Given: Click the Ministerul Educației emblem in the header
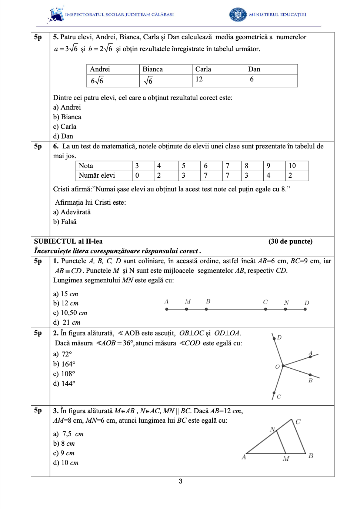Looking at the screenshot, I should coord(238,14).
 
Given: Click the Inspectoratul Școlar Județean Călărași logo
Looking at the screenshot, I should coord(56,15).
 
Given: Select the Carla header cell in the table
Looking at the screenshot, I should coord(218,69).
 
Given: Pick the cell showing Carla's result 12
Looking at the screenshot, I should coord(218,80).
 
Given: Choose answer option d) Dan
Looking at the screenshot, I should coord(63,136).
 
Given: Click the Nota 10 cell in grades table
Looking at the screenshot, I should coord(296,166).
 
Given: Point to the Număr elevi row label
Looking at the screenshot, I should coord(97,175).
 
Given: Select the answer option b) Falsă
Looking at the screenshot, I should coord(65,222).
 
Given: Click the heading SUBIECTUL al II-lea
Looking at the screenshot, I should coord(68,241).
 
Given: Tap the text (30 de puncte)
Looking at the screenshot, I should coord(290,241).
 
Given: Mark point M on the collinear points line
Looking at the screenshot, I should coord(186,309).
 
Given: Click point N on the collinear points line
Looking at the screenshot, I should coord(286,309).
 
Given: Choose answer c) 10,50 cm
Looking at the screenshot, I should coord(70,313).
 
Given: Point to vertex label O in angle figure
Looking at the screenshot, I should coord(277,367).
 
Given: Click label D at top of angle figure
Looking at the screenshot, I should coord(279,337).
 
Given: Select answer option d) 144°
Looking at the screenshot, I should coord(64,384).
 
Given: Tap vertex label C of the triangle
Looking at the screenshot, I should coord(298,422).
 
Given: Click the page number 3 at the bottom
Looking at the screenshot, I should coord(180,481).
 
